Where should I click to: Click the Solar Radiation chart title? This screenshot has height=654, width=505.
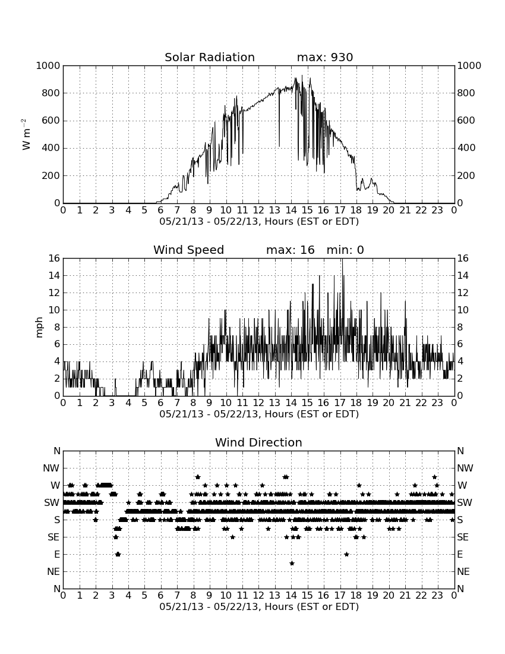pyautogui.click(x=210, y=57)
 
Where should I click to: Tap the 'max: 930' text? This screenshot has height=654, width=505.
pyautogui.click(x=325, y=57)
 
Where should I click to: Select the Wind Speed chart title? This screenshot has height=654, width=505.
pyautogui.click(x=189, y=250)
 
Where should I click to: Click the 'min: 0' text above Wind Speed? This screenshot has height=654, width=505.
pyautogui.click(x=345, y=250)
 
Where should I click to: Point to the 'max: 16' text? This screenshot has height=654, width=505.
pyautogui.click(x=291, y=250)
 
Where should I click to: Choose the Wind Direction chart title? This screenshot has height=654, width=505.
pyautogui.click(x=258, y=442)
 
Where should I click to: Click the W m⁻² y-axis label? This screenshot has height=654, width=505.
pyautogui.click(x=26, y=134)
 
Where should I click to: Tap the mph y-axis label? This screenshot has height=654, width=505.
pyautogui.click(x=39, y=328)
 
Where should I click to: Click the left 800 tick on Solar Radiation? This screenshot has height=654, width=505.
pyautogui.click(x=51, y=93)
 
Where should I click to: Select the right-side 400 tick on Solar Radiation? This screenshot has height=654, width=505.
pyautogui.click(x=466, y=147)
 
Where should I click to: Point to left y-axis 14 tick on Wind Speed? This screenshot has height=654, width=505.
pyautogui.click(x=55, y=276)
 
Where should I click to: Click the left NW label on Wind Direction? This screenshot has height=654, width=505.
pyautogui.click(x=51, y=469)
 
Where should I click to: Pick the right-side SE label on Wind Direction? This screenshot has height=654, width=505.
pyautogui.click(x=463, y=537)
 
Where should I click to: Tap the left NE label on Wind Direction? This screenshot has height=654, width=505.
pyautogui.click(x=53, y=572)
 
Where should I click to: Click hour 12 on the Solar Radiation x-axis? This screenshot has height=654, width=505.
pyautogui.click(x=258, y=210)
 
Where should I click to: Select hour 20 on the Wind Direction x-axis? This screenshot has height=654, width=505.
pyautogui.click(x=389, y=596)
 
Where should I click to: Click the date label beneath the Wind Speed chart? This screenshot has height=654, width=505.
pyautogui.click(x=259, y=414)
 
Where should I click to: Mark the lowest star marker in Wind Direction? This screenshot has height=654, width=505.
pyautogui.click(x=292, y=563)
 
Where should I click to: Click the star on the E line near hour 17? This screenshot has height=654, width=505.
pyautogui.click(x=346, y=554)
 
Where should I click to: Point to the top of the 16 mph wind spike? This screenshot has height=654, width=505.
pyautogui.click(x=342, y=259)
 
